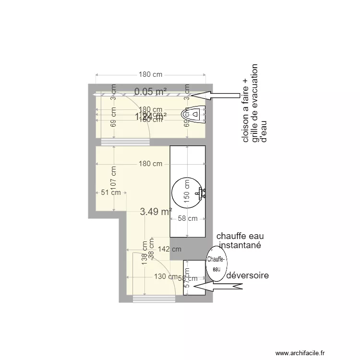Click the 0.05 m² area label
coord(150,91)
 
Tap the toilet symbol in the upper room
coord(193,114)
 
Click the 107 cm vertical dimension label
coord(114,179)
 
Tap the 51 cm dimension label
coord(110,193)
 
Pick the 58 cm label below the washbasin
coord(188,218)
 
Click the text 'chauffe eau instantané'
coord(240,240)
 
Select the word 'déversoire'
coord(247,276)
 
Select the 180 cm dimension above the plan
coord(151,74)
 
